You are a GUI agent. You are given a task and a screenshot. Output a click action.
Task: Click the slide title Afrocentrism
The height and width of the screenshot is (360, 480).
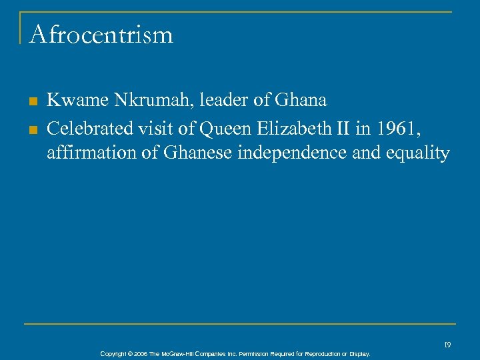pos(101,35)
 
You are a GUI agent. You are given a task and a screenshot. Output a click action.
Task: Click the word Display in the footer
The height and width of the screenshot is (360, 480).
pos(357,354)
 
